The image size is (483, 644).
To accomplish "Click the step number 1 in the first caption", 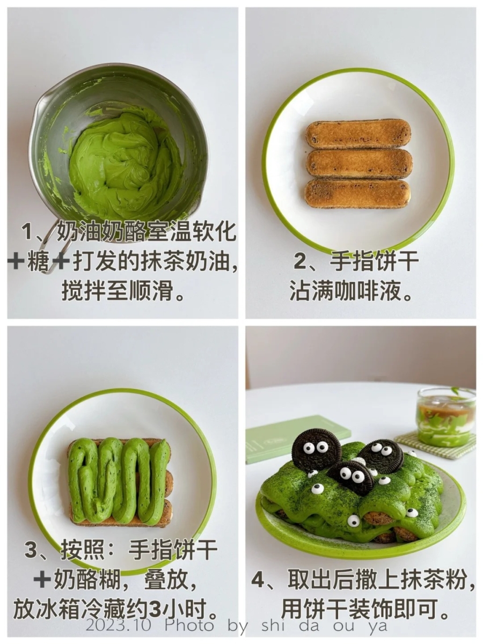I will (x=28, y=232).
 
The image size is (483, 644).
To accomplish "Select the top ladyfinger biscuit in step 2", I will (x=358, y=133).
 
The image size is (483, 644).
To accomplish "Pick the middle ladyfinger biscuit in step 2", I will (x=359, y=163).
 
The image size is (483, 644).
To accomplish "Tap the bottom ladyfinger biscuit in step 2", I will (x=357, y=193).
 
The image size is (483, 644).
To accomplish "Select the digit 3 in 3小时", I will (x=155, y=610).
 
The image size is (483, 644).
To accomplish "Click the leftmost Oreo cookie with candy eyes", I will (x=316, y=450).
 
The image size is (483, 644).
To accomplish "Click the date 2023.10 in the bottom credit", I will (x=119, y=625).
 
